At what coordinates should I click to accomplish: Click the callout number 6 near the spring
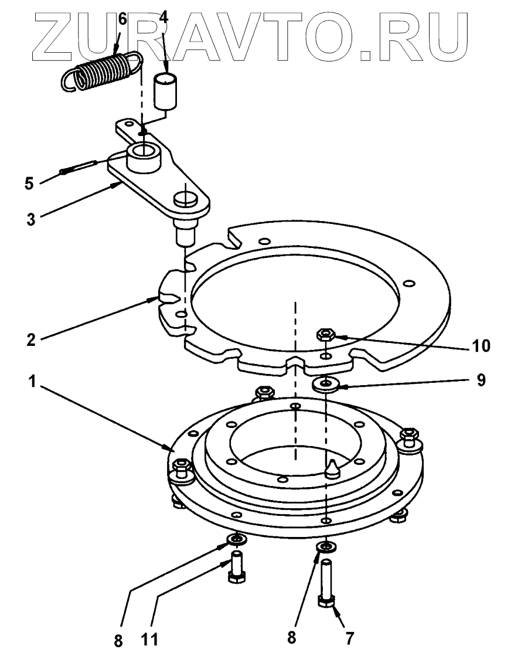(122, 18)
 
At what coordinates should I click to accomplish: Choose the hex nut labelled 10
(325, 335)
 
